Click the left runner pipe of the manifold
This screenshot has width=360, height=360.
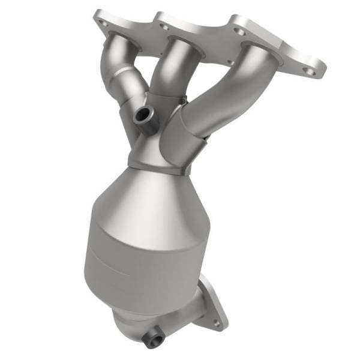(120, 66)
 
